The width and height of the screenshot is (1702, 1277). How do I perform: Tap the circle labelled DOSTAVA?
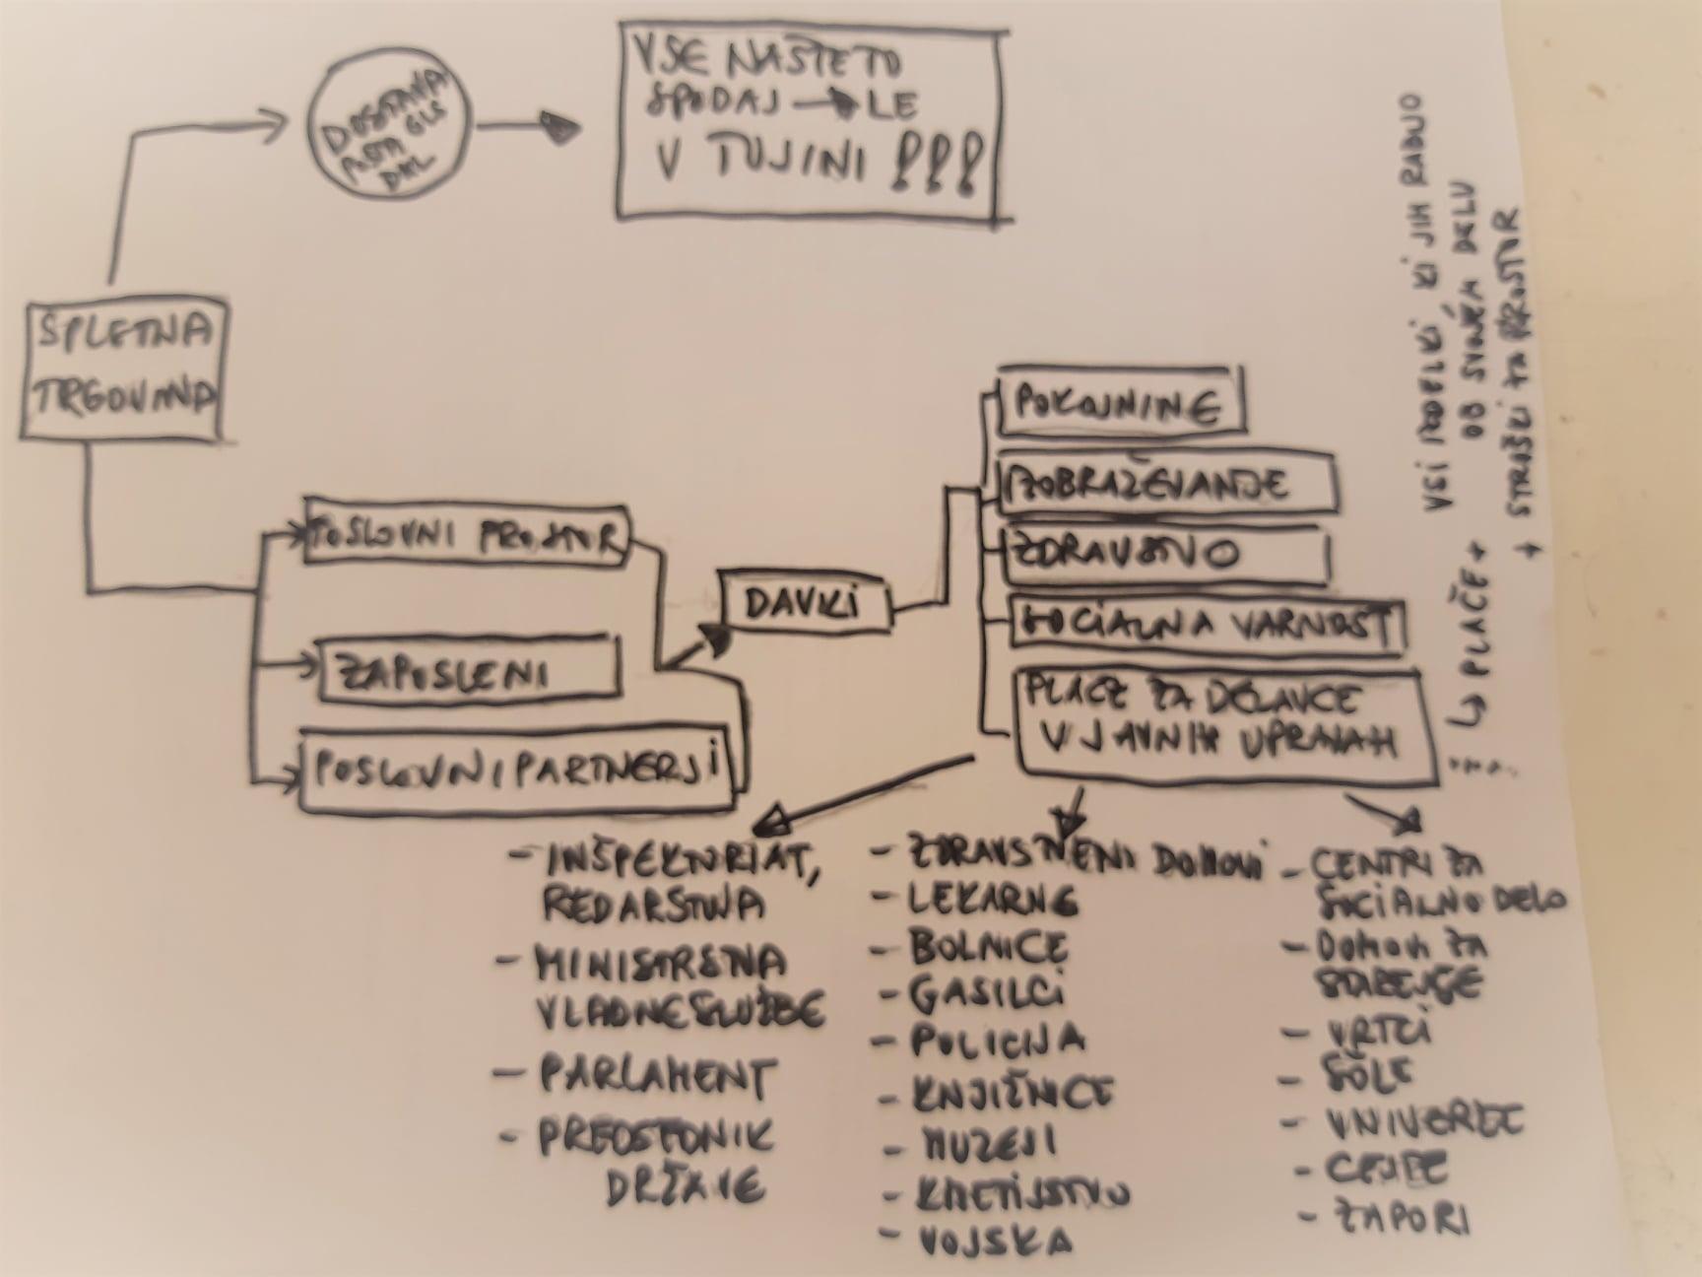(x=389, y=125)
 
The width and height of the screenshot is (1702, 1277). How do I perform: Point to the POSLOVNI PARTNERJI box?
(x=517, y=771)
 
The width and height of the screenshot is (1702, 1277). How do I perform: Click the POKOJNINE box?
(x=1119, y=402)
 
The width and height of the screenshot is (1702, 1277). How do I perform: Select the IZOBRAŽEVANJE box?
(x=1166, y=483)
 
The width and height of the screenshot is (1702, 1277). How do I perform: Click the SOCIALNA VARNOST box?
(x=1208, y=625)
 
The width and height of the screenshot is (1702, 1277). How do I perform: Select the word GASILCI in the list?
(x=985, y=994)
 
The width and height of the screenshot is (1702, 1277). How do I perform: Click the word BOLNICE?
(x=987, y=947)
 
